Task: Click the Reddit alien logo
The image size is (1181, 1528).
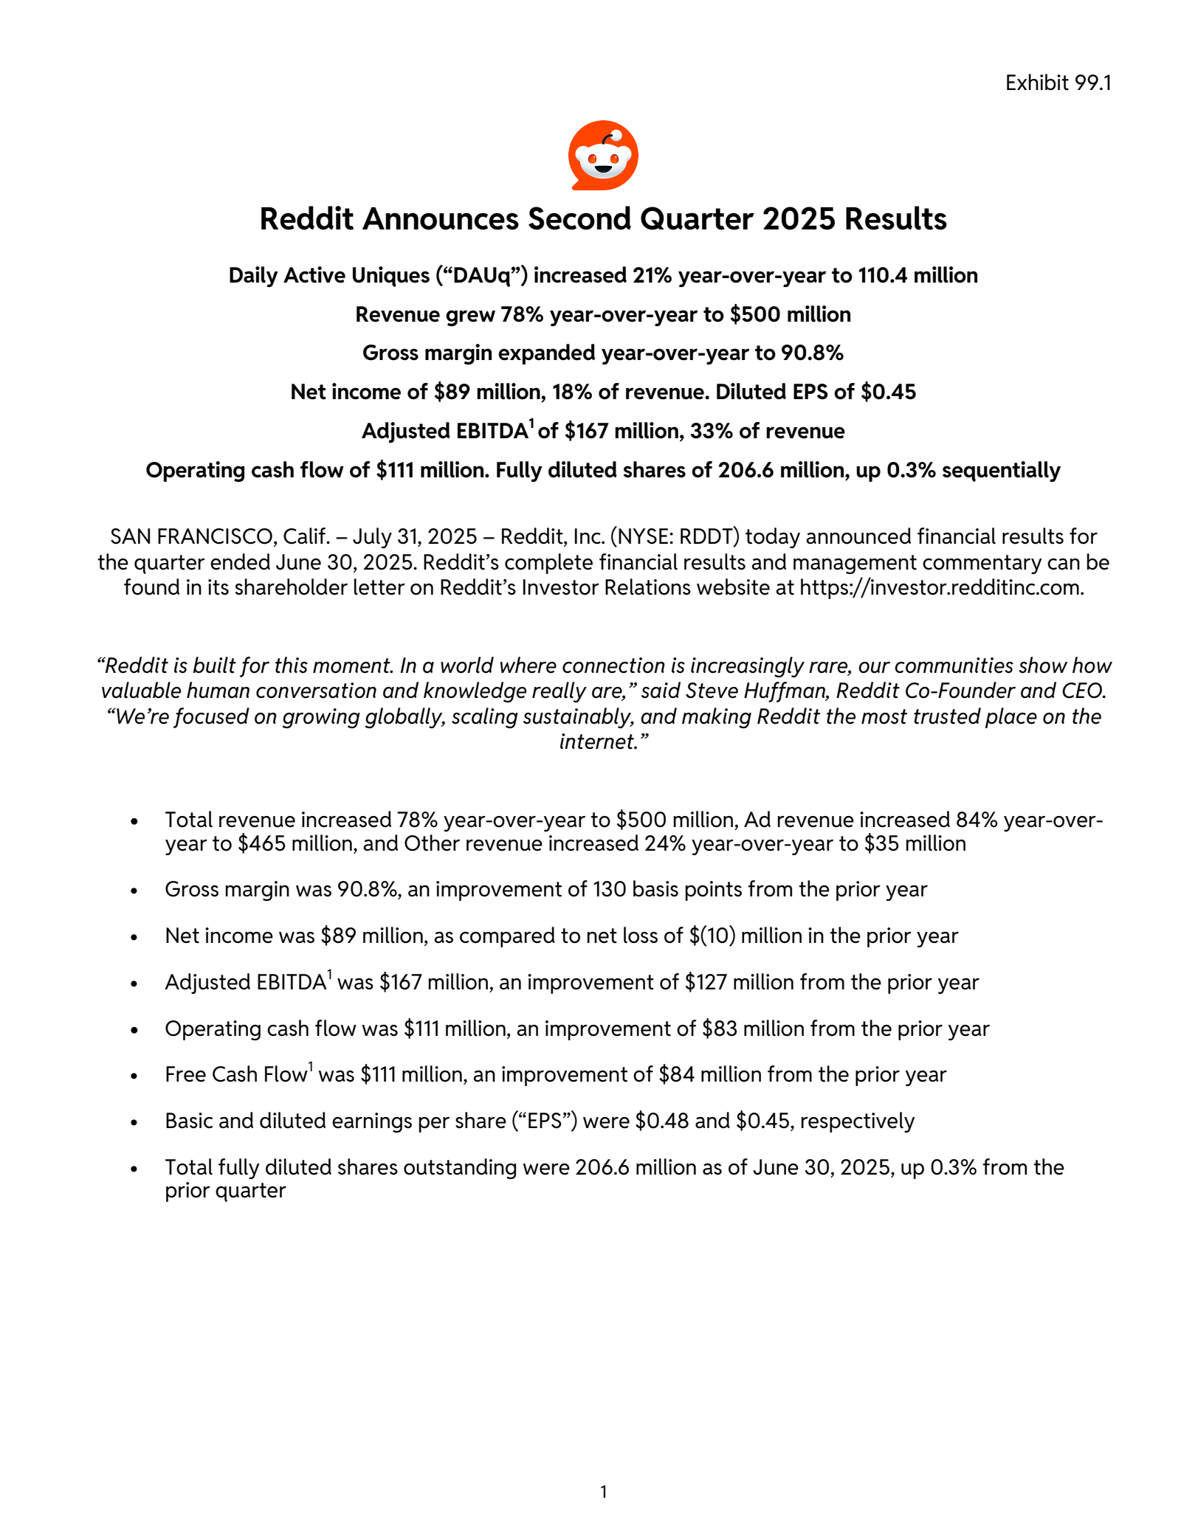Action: coord(603,155)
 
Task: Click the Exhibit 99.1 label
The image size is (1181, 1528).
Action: coord(1058,83)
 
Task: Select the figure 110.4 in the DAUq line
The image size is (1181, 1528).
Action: coord(882,275)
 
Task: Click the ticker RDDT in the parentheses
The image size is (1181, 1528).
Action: coord(709,536)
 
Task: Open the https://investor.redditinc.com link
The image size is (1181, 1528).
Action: coord(941,587)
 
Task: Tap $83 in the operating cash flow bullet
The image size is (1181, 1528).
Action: coord(719,1029)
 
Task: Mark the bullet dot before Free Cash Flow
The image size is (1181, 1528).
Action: coord(134,1076)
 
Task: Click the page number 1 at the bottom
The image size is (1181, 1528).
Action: coord(603,1492)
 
